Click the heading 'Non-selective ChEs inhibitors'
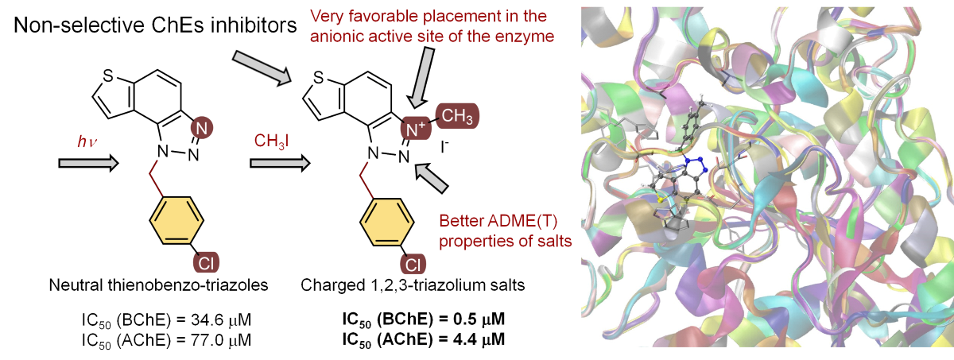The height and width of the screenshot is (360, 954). (156, 25)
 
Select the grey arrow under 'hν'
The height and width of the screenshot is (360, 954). (88, 164)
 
